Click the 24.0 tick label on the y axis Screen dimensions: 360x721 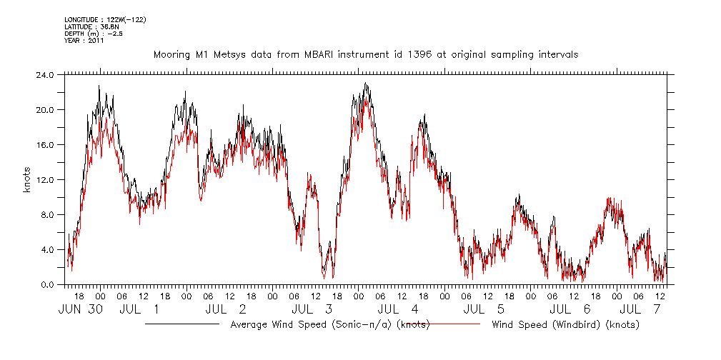coord(44,74)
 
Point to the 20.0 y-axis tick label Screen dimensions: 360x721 coord(44,109)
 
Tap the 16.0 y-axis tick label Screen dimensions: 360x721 coord(44,144)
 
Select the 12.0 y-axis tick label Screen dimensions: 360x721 coord(44,179)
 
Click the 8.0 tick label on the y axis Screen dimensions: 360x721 coord(46,214)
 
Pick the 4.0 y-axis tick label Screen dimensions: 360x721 coord(46,249)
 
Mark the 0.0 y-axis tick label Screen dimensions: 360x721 coord(46,284)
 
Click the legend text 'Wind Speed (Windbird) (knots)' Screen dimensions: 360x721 coord(565,325)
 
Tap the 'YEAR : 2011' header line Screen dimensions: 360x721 coord(84,41)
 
